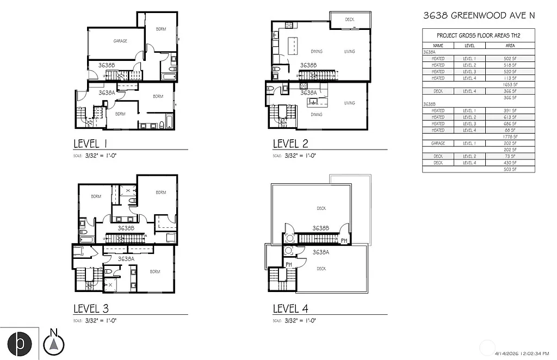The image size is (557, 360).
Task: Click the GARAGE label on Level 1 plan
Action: [x=120, y=41]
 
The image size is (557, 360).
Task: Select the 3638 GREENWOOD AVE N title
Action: [x=479, y=16]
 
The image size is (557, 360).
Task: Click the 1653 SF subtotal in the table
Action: [x=510, y=85]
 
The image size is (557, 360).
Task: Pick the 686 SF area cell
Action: [x=510, y=123]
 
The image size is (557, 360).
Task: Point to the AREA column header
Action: [x=510, y=46]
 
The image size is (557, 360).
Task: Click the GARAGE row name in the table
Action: [x=438, y=143]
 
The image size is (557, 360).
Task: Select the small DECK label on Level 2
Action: [x=350, y=20]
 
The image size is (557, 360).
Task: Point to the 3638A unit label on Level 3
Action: [x=126, y=259]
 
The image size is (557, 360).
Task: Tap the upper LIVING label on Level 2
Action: [x=349, y=52]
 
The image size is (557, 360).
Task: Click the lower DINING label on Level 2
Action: [x=316, y=115]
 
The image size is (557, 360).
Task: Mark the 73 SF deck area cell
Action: [x=510, y=156]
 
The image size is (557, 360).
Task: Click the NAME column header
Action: [x=438, y=46]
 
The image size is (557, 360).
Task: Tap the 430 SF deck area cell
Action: [x=510, y=163]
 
